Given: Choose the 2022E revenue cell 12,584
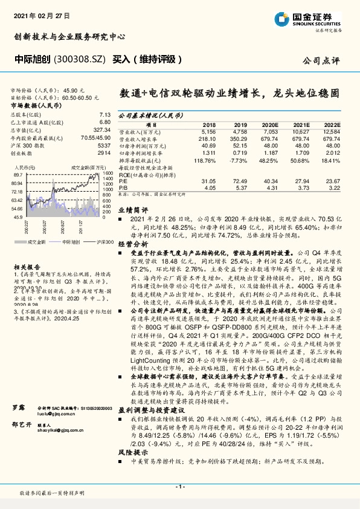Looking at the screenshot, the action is [x=331, y=130].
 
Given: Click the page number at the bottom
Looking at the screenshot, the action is [x=179, y=485].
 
